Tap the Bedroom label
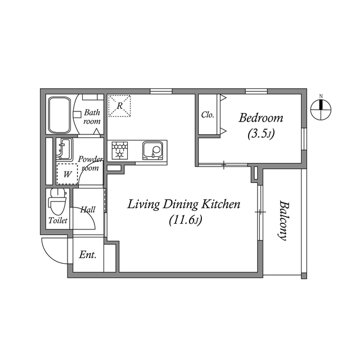[260, 118]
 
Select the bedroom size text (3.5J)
[260, 134]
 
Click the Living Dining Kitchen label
[183, 204]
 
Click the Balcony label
[283, 221]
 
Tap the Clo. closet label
[208, 115]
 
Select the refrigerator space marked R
[119, 106]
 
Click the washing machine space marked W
[67, 174]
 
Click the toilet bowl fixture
[57, 200]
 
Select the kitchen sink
[152, 151]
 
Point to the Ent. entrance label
[87, 255]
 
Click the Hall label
[87, 210]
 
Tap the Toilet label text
[57, 221]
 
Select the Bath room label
[92, 116]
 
